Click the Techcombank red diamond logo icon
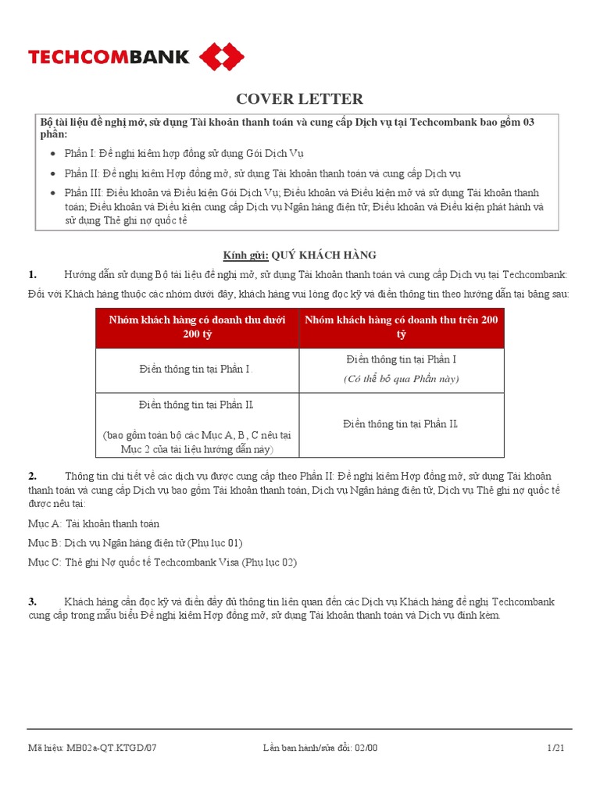pyautogui.click(x=222, y=57)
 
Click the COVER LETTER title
pyautogui.click(x=300, y=98)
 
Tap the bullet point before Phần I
pyautogui.click(x=53, y=153)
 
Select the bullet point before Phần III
pyautogui.click(x=53, y=193)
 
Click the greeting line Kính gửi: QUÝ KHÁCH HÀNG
pyautogui.click(x=300, y=255)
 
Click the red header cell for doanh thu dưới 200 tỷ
pyautogui.click(x=197, y=327)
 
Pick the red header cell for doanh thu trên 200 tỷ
pyautogui.click(x=402, y=327)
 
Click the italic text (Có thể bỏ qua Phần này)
pyautogui.click(x=402, y=379)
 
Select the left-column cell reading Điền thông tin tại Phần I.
pyautogui.click(x=197, y=369)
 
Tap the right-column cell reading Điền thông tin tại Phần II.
pyautogui.click(x=402, y=424)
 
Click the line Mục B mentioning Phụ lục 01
pyautogui.click(x=137, y=543)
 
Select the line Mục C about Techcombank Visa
pyautogui.click(x=162, y=562)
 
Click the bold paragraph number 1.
pyautogui.click(x=33, y=274)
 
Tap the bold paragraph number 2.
pyautogui.click(x=33, y=476)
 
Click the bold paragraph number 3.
pyautogui.click(x=33, y=602)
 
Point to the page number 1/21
pyautogui.click(x=555, y=748)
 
